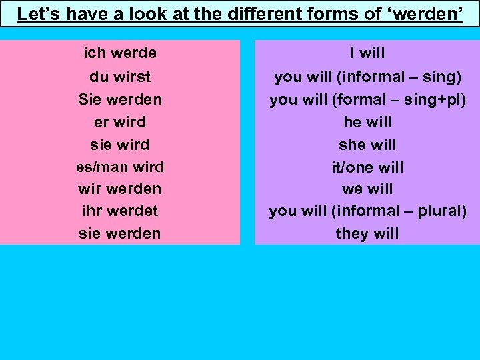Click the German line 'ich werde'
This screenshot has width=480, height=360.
point(120,53)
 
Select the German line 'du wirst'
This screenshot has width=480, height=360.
point(120,77)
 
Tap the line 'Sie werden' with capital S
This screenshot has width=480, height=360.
point(120,99)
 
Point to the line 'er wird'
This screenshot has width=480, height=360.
point(120,122)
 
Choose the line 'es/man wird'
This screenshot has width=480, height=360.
point(120,167)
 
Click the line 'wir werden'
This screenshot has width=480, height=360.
point(120,189)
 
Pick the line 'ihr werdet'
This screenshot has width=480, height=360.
point(120,211)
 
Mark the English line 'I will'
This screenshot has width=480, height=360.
point(367,53)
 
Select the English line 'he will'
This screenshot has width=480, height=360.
point(367,122)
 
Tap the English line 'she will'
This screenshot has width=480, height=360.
point(367,145)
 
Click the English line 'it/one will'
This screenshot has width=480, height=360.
point(367,167)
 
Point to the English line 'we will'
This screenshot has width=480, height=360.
point(367,189)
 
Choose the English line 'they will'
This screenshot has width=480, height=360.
point(367,233)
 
